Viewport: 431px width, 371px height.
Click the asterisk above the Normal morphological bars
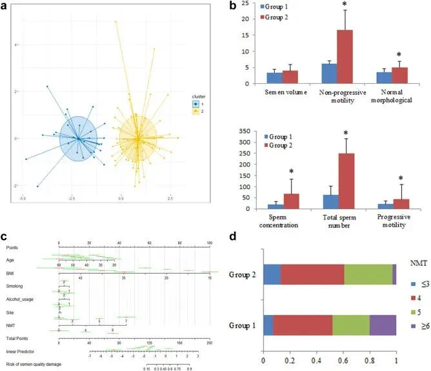coord(399,55)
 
